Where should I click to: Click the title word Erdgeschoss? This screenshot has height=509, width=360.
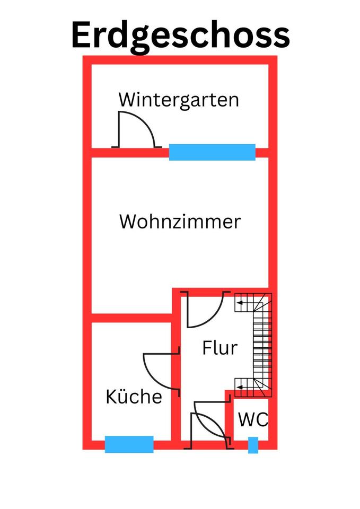click(x=180, y=35)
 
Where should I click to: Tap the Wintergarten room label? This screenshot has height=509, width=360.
click(x=179, y=99)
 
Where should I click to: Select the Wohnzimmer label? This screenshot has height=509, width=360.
click(x=180, y=221)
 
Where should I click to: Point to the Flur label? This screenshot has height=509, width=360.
click(x=219, y=348)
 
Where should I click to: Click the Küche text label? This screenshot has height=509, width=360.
click(x=134, y=397)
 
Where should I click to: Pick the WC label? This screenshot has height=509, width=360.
click(x=253, y=420)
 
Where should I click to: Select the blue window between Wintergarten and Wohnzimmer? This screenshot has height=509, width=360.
click(x=212, y=152)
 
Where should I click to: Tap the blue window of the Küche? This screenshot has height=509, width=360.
click(x=129, y=444)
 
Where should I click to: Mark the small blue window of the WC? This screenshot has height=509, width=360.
click(x=253, y=445)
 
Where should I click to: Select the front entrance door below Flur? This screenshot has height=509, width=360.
click(x=210, y=424)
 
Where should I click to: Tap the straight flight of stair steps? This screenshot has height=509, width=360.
click(x=261, y=345)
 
